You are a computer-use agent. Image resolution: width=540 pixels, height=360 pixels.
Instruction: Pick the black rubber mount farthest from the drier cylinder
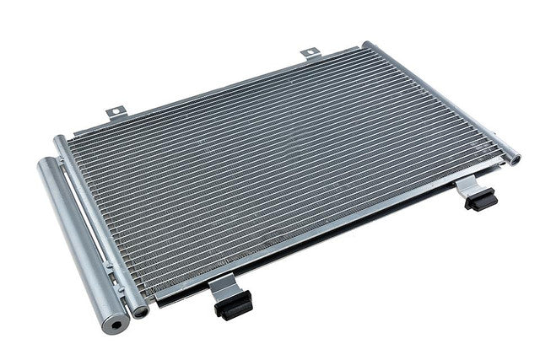481,201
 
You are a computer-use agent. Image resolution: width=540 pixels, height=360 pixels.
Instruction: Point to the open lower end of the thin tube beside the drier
140,311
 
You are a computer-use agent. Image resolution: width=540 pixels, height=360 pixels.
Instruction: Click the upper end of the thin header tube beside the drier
60,142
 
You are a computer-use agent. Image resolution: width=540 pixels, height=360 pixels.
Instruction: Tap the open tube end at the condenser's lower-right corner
514,156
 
